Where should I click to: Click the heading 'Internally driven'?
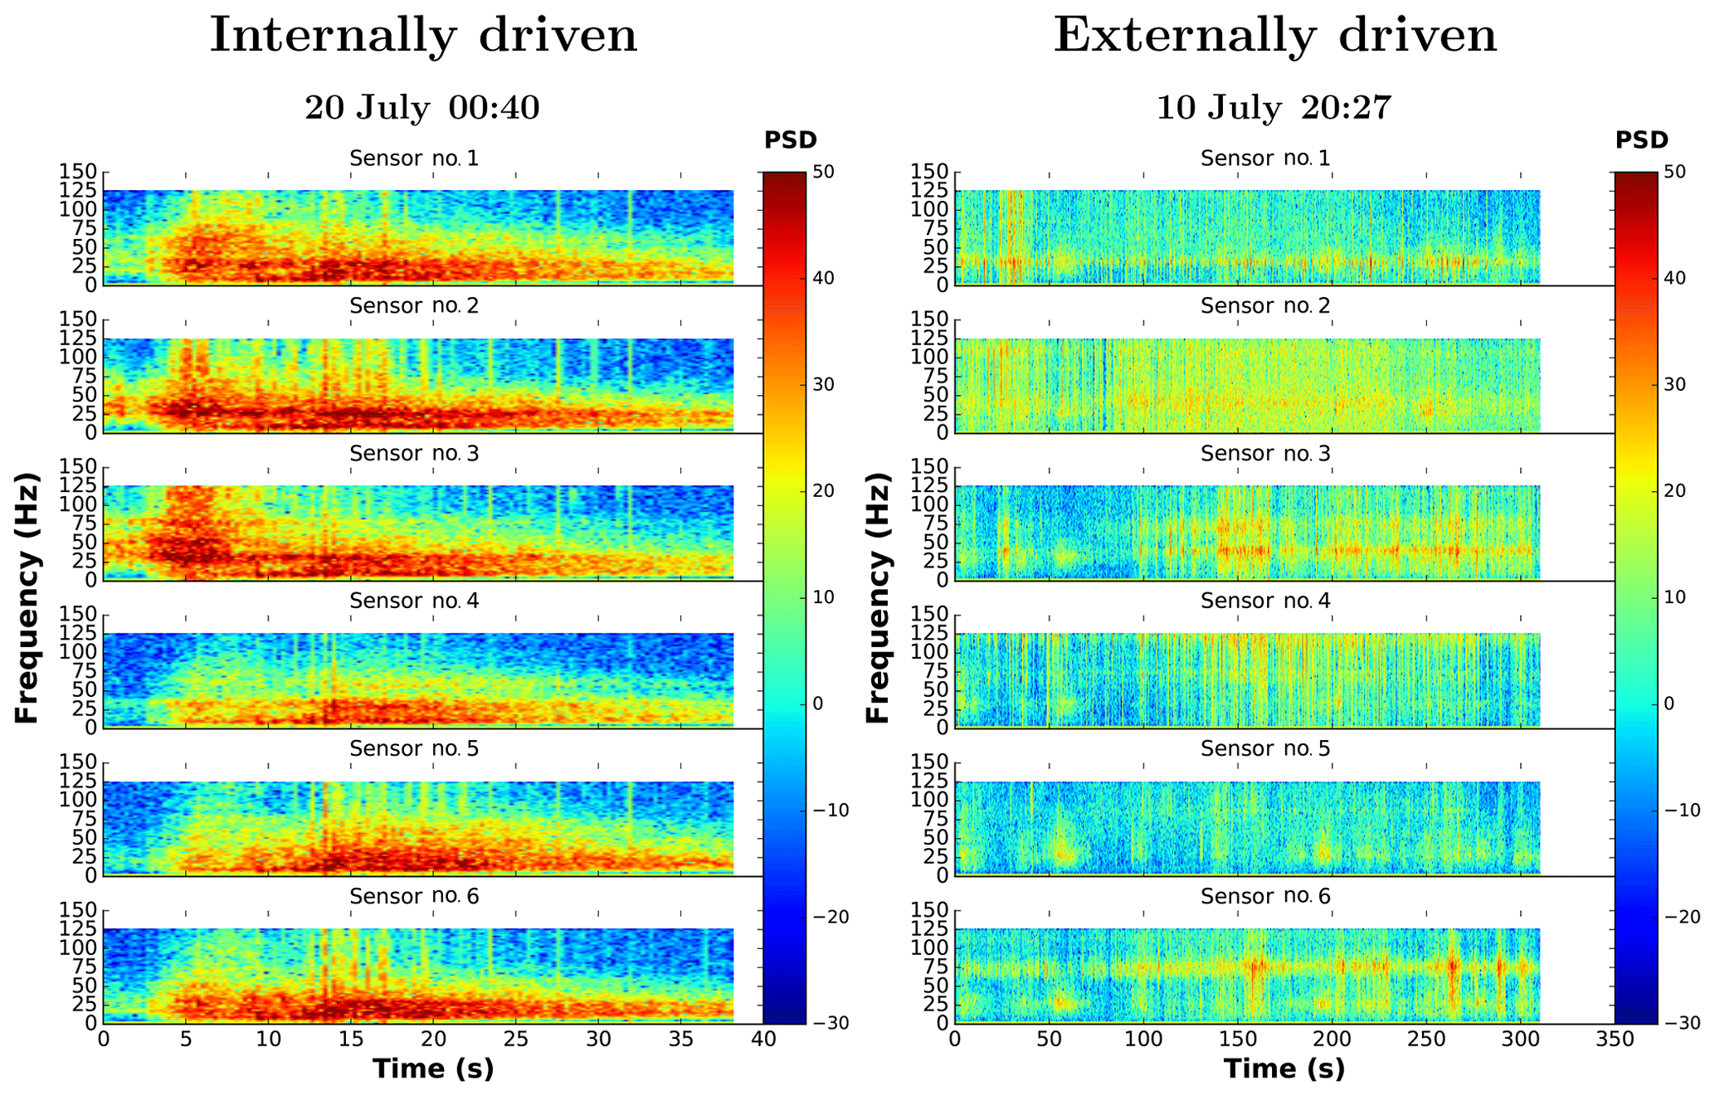[x=423, y=37]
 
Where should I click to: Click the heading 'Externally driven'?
[x=1275, y=37]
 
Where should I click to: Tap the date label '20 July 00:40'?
[x=422, y=108]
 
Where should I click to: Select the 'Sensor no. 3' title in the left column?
[x=414, y=453]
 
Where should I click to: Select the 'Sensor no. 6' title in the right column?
[x=1265, y=896]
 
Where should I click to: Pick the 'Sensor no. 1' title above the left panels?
[x=414, y=158]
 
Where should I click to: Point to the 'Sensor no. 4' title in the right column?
[x=1265, y=601]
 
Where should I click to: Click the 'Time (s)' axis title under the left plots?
[x=433, y=1069]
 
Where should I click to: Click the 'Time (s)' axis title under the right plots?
[x=1284, y=1069]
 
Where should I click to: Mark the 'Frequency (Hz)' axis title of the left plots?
[x=27, y=597]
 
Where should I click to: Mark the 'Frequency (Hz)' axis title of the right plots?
[x=878, y=597]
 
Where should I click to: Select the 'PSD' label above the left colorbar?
[x=791, y=140]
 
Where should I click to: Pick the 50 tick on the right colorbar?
[x=1674, y=172]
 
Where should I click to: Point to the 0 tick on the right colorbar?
[x=1669, y=704]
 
